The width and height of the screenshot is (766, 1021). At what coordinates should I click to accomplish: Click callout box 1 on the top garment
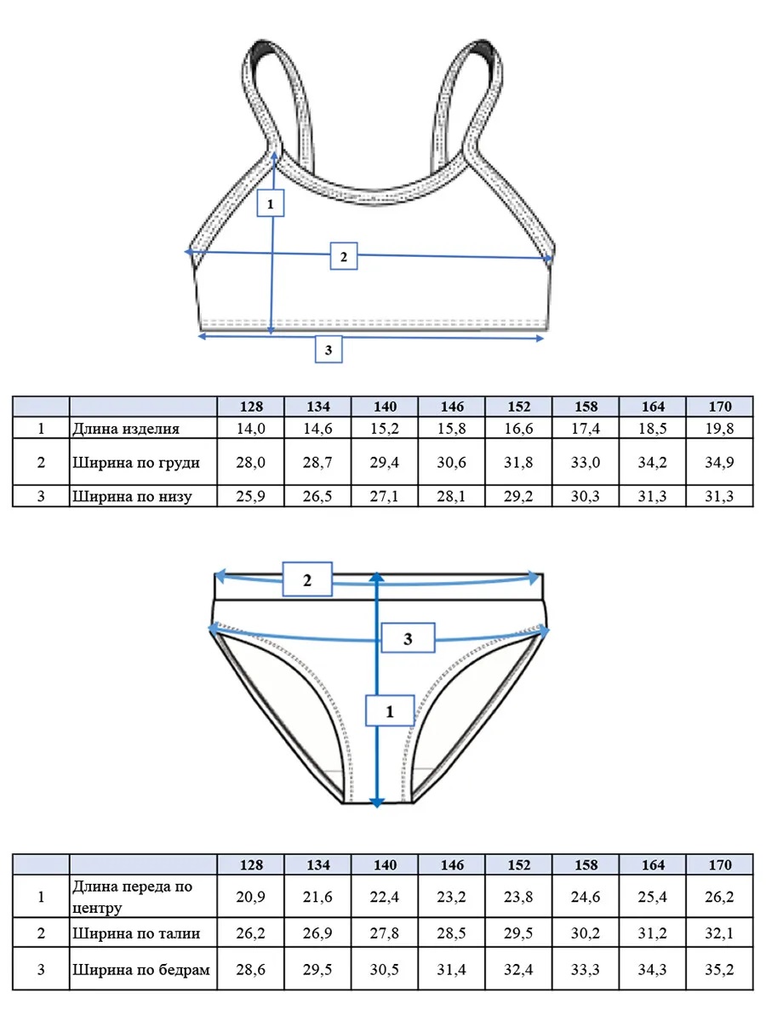[x=270, y=202]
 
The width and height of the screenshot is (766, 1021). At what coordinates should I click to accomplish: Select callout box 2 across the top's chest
[x=344, y=256]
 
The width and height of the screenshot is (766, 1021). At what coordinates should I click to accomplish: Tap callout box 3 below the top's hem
[x=329, y=350]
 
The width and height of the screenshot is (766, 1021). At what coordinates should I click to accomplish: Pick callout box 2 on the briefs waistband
[x=307, y=579]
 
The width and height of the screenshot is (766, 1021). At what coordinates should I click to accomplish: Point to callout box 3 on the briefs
[x=408, y=638]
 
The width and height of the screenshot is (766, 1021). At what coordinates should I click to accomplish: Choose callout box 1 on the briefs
[x=390, y=710]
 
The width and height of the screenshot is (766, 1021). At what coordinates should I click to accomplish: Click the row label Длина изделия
[x=126, y=429]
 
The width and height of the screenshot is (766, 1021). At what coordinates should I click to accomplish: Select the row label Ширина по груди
[x=136, y=462]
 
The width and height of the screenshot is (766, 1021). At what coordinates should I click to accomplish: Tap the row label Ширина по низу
[x=132, y=496]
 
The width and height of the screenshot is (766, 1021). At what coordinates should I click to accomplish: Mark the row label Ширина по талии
[x=136, y=933]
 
